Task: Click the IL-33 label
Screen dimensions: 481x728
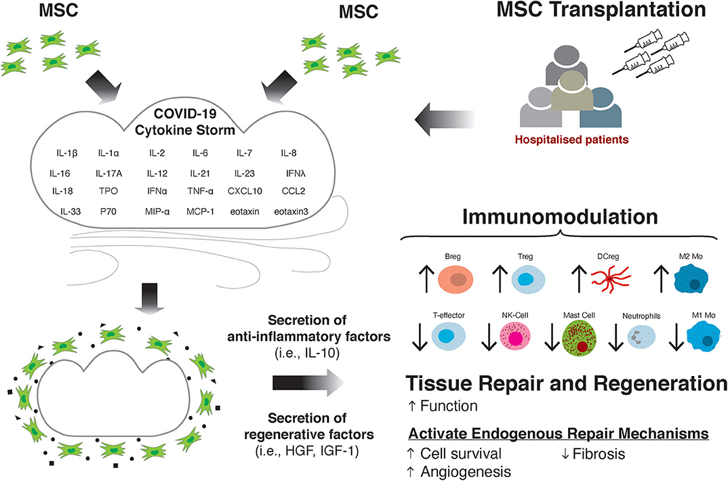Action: [x=69, y=212]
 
